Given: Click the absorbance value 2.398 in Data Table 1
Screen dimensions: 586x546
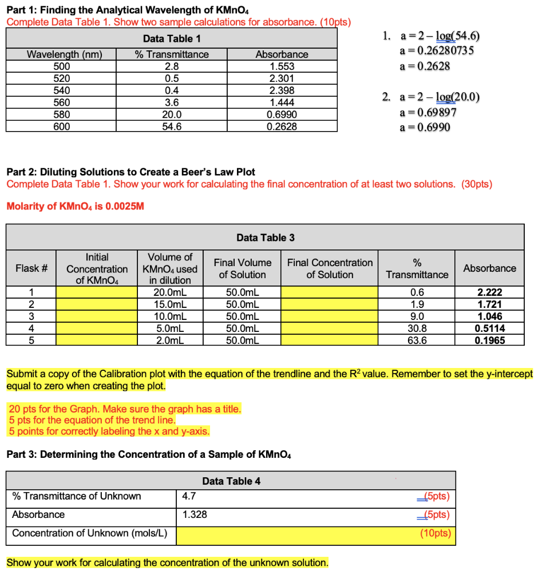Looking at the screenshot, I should [x=282, y=90].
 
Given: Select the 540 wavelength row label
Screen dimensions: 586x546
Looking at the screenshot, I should [x=61, y=90].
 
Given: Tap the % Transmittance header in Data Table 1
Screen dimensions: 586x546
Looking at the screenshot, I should [x=172, y=54].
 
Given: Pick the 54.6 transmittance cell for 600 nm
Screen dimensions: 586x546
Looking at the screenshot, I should [x=172, y=126].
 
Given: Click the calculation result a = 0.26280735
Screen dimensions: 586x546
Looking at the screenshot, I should [x=437, y=50].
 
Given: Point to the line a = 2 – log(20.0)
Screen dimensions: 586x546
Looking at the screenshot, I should [x=440, y=97].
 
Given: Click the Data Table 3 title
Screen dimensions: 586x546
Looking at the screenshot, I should [x=265, y=237].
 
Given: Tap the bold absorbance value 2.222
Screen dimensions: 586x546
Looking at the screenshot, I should [x=489, y=292].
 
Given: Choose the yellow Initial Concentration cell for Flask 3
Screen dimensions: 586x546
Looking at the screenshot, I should [x=97, y=316].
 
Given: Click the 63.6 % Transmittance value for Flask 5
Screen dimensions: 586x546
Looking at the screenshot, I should [x=417, y=340].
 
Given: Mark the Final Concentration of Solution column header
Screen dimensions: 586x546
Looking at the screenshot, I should [x=330, y=268].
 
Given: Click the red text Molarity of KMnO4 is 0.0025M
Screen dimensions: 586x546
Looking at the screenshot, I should [x=75, y=206].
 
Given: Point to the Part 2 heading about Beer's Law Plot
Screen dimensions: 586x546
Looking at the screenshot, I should [x=130, y=172].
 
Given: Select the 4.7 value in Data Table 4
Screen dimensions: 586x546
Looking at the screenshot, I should [x=189, y=496].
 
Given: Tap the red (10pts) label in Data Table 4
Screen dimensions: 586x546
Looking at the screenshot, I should [x=436, y=533].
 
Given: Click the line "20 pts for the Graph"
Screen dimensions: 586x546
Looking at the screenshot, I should [x=125, y=409].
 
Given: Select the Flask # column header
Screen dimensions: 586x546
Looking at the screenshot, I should [x=31, y=268].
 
